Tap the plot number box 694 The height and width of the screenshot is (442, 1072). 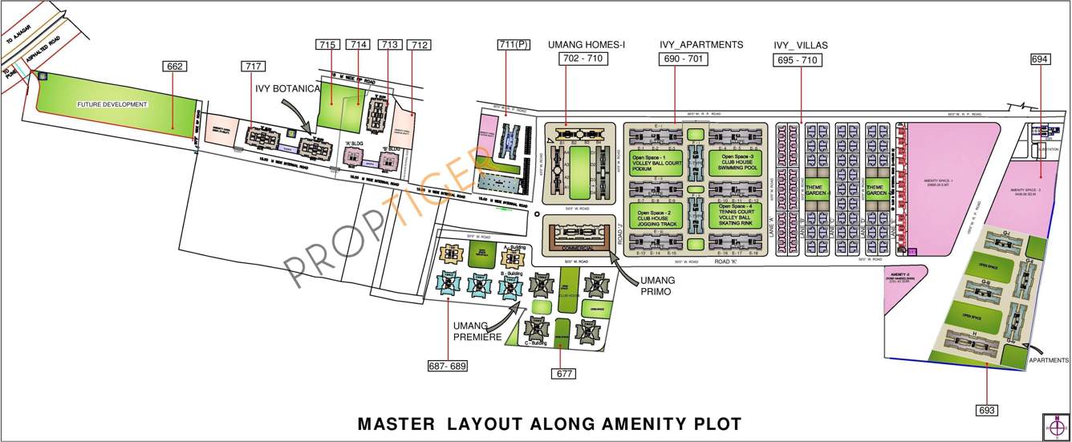tap(1041, 59)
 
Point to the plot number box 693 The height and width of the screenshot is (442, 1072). tap(987, 410)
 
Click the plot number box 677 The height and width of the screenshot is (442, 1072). tap(565, 373)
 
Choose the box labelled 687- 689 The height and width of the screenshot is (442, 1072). tap(448, 366)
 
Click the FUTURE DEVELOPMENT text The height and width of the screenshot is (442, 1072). tap(112, 105)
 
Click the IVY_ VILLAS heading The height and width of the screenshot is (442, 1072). tap(801, 45)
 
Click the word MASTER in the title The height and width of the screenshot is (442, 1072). tap(392, 423)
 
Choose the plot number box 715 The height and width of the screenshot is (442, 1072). tap(327, 45)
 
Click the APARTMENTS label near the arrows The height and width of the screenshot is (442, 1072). tap(1049, 362)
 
